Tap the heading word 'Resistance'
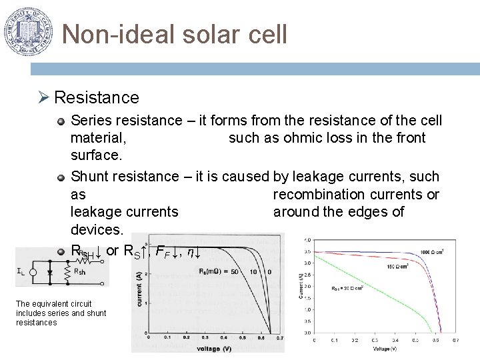(97, 98)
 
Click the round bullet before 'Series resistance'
(61, 121)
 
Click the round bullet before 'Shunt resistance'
(61, 177)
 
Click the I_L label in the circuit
(21, 271)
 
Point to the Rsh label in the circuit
(79, 271)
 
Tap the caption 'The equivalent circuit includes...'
(61, 313)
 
